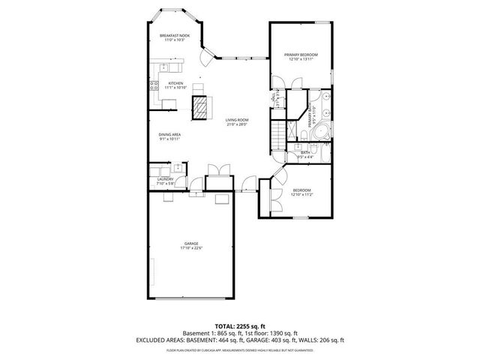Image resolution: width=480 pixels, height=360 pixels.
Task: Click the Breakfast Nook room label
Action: tap(175, 35)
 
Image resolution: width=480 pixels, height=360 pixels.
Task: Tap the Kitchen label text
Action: tap(175, 83)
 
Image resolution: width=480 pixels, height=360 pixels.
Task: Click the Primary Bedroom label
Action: tap(300, 55)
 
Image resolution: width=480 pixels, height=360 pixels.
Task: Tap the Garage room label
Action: tap(192, 244)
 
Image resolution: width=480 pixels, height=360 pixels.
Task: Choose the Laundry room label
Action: tap(166, 179)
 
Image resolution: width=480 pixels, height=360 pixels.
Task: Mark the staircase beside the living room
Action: tap(278, 136)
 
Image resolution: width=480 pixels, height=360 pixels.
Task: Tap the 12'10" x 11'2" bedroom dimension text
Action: tap(302, 195)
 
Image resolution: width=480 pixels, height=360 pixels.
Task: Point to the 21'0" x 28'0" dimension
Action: tap(238, 124)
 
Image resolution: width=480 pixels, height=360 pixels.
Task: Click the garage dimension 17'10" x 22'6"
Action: tap(192, 249)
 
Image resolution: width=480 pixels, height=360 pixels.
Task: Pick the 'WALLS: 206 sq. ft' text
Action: tap(325, 340)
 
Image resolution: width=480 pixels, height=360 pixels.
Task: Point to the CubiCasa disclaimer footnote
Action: tap(239, 349)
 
